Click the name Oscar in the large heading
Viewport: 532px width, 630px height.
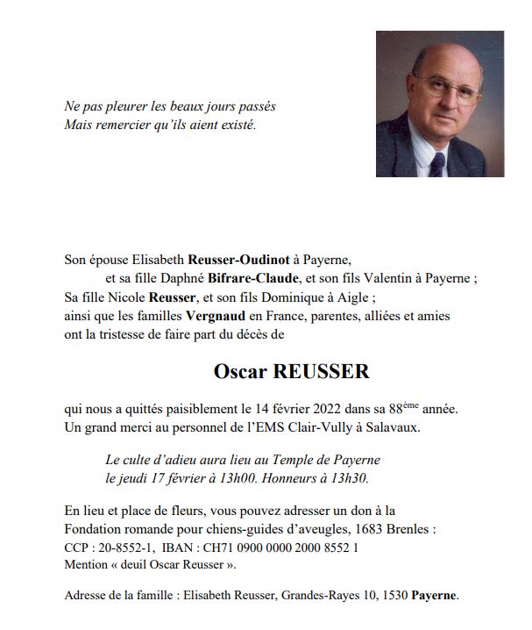[242, 371]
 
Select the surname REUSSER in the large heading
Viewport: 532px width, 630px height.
[322, 371]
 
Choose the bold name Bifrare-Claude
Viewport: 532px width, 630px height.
[248, 280]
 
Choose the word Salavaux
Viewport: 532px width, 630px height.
[392, 428]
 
